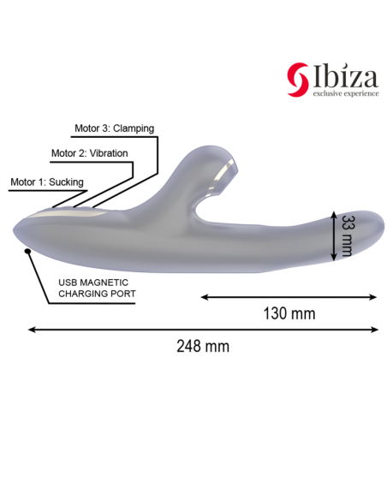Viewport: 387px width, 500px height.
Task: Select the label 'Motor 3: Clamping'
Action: [x=114, y=128]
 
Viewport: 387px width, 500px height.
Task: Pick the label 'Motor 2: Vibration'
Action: [x=89, y=154]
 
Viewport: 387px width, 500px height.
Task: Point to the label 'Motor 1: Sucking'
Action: [x=47, y=182]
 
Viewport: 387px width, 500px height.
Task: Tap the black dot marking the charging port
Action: [x=28, y=250]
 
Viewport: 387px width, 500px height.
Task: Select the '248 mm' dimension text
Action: [x=203, y=346]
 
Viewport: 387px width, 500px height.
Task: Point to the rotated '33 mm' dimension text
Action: [x=347, y=234]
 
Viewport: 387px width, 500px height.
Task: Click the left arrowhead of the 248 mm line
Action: [x=32, y=328]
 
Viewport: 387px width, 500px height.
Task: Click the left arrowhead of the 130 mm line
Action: [x=205, y=296]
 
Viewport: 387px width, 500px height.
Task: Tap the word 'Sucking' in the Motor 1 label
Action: [x=66, y=182]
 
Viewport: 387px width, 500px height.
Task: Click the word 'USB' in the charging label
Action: [x=68, y=282]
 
